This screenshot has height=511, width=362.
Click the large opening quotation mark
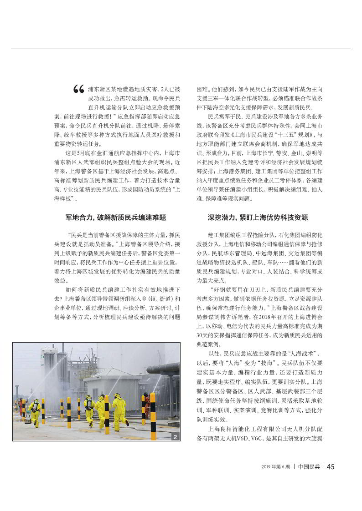point(78,91)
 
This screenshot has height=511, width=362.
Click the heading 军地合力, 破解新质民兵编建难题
point(116,218)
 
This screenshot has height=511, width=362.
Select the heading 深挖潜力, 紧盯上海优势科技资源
point(258,218)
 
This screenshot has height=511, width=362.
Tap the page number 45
point(331,466)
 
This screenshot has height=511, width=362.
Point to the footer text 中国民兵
point(309,466)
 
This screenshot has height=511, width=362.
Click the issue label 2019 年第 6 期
point(276,467)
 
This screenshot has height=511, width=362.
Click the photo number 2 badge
point(175,437)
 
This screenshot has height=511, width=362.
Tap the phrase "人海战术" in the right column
point(300,353)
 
